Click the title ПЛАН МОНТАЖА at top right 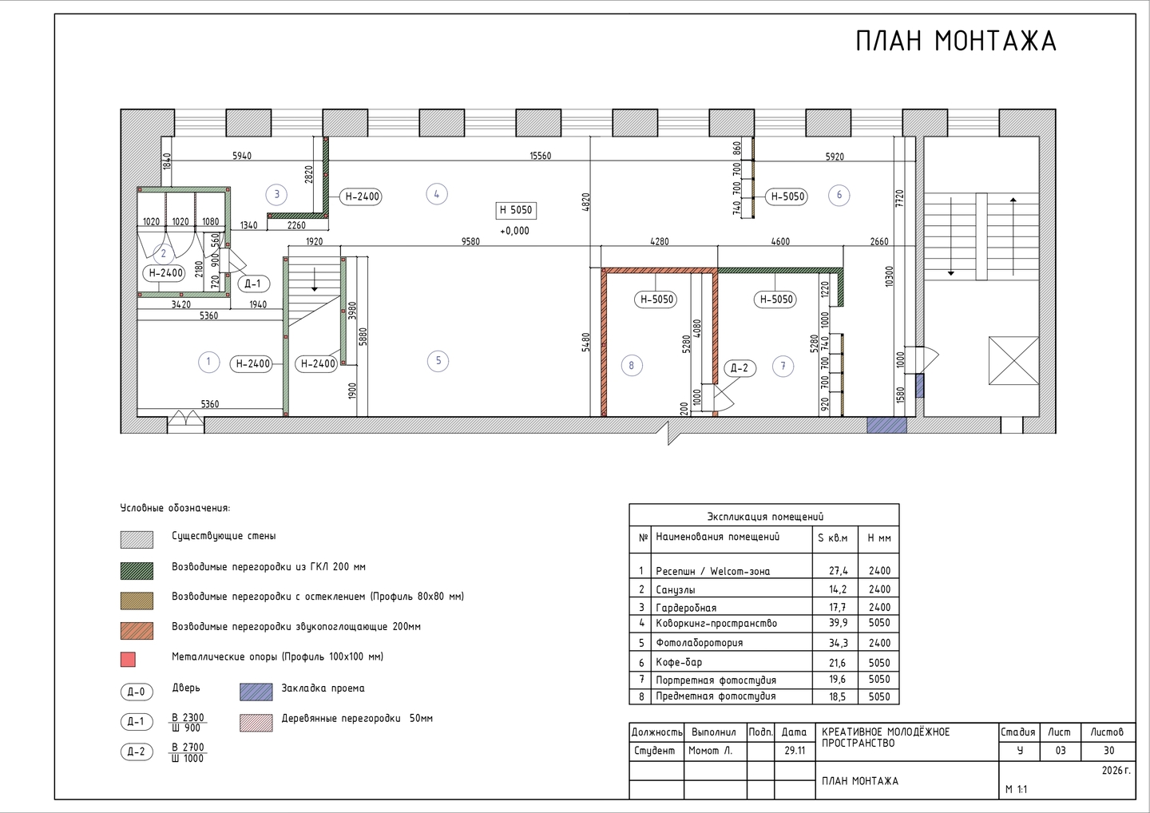coord(956,41)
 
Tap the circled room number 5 coord(438,361)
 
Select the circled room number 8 coord(632,366)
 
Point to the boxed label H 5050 coord(516,210)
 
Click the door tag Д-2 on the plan coord(740,368)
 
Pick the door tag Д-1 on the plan coord(253,284)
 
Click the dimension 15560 coord(541,156)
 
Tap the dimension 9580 coord(470,241)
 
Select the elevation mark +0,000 coord(514,231)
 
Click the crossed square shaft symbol coord(1013,360)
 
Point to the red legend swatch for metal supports coord(128,660)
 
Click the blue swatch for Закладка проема coord(256,692)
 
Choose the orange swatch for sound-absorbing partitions coord(137,631)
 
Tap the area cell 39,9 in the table coord(838,623)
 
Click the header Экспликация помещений coord(765,517)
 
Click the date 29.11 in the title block coord(794,751)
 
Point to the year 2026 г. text coord(1116,771)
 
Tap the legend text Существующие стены coord(224,536)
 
